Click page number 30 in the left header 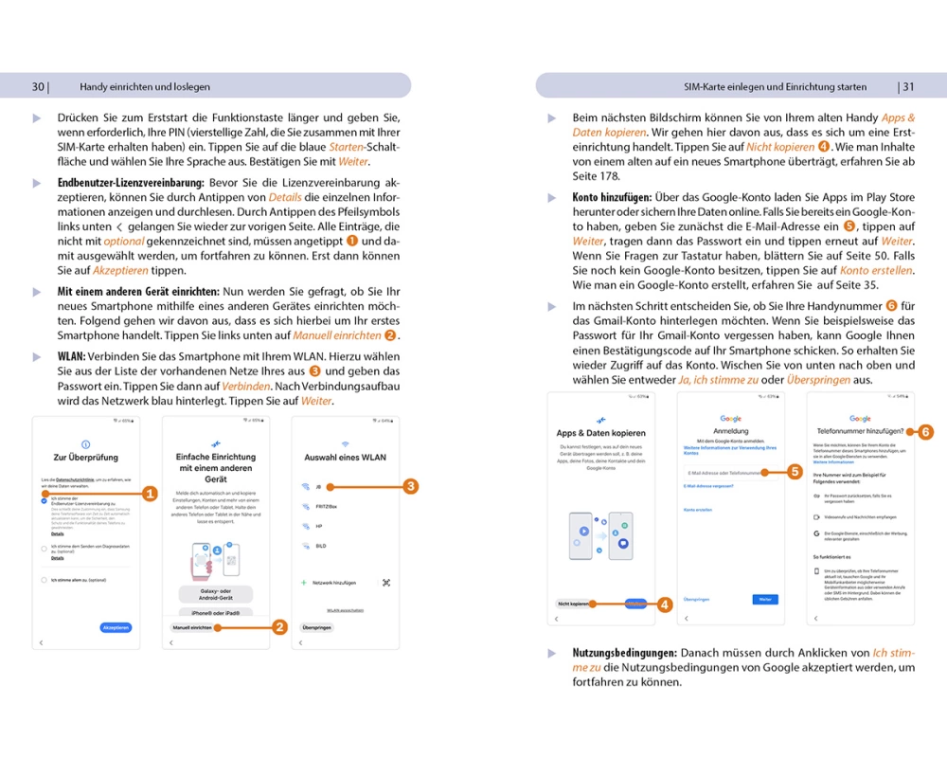click(x=38, y=86)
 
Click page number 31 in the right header click(x=907, y=86)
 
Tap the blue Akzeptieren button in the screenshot click(x=116, y=627)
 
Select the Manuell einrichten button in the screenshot click(x=191, y=627)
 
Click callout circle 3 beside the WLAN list click(x=410, y=486)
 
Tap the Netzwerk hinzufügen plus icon click(x=303, y=583)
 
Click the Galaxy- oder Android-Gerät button click(x=216, y=594)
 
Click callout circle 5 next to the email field click(x=795, y=471)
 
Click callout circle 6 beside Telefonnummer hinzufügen click(x=925, y=431)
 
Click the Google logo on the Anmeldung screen click(x=730, y=418)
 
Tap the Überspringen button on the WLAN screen click(x=316, y=627)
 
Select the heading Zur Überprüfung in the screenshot click(x=86, y=457)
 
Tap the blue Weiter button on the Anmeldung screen click(x=764, y=600)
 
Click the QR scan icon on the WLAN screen click(x=385, y=583)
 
